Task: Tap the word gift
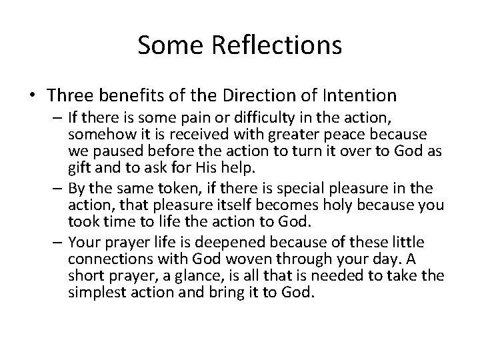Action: pos(78,166)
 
